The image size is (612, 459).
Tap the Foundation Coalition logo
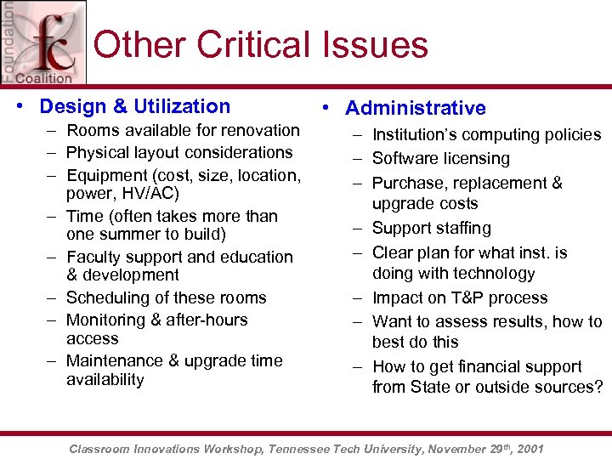pos(42,42)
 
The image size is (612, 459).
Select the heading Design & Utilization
pos(135,106)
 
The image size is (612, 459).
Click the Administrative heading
pos(416,108)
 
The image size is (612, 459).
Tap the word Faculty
pos(93,257)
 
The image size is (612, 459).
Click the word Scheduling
pos(105,297)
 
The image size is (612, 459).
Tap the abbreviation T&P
pos(464,297)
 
